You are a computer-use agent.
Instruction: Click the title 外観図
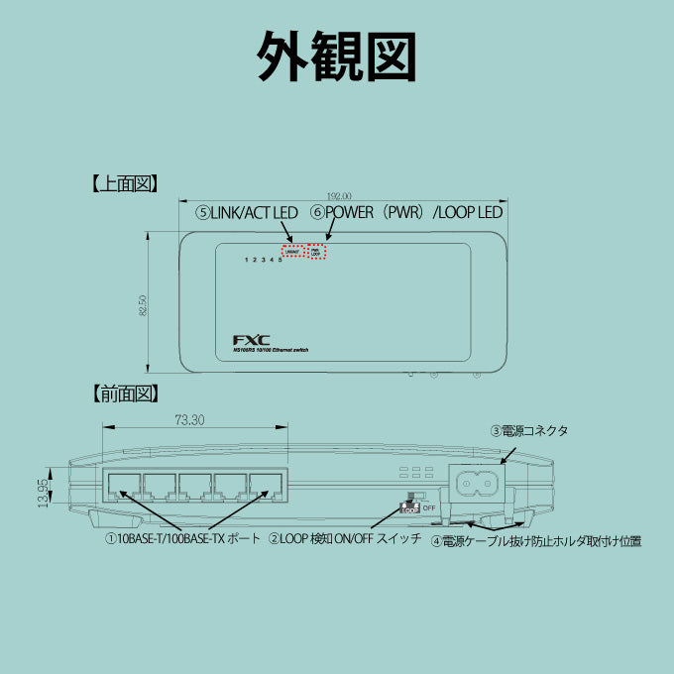coord(336,56)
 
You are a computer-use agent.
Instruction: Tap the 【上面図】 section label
coord(125,183)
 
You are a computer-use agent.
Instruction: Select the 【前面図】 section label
coord(125,393)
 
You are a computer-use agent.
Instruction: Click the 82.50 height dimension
coord(145,305)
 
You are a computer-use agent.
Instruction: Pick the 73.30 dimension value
coord(189,420)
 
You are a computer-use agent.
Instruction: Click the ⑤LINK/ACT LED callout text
coord(247,212)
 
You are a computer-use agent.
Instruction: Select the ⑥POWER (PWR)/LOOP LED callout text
coord(406,212)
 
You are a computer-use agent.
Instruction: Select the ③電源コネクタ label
coord(529,431)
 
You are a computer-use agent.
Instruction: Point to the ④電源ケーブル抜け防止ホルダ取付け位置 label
coord(536,542)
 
